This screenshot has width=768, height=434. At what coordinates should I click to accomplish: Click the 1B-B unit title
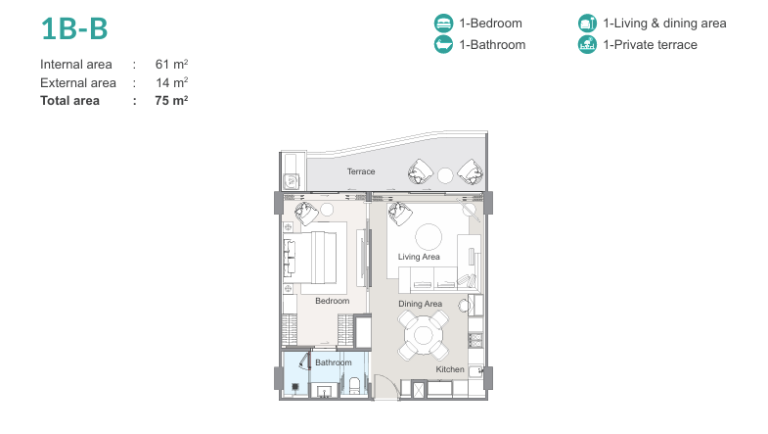click(x=74, y=28)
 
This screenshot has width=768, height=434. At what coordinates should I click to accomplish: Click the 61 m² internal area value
click(x=171, y=65)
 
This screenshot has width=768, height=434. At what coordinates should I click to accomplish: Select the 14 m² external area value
click(x=172, y=82)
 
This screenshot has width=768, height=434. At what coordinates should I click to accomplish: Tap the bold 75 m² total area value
click(x=171, y=101)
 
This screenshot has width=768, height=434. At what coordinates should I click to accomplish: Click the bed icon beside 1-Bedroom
click(x=443, y=24)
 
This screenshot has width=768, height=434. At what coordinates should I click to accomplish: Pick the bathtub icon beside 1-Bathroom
click(x=443, y=45)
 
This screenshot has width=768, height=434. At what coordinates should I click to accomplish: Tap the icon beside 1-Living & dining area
click(x=587, y=24)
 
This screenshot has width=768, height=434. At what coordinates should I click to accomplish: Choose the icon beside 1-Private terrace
click(x=587, y=45)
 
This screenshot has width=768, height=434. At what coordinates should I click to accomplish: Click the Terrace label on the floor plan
click(x=361, y=171)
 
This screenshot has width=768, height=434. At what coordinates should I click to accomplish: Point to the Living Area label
click(x=419, y=257)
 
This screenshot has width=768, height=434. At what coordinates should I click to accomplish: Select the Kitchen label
click(x=450, y=369)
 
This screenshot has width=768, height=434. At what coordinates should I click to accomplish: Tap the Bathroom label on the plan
click(x=333, y=362)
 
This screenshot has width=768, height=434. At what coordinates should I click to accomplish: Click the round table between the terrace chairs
click(x=445, y=175)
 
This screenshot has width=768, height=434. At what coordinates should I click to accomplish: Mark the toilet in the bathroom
click(x=353, y=385)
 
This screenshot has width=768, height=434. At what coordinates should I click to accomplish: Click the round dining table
click(x=424, y=336)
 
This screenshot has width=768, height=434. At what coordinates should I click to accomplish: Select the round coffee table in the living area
click(x=429, y=237)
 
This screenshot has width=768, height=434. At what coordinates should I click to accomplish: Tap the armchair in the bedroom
click(x=306, y=214)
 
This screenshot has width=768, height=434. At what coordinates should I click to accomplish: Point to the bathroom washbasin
click(x=324, y=392)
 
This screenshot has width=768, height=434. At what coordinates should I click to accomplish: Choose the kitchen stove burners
click(x=475, y=340)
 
